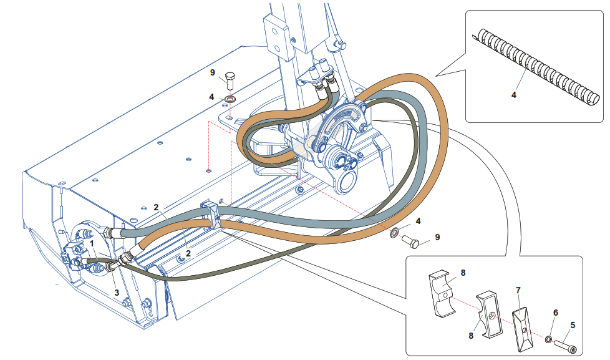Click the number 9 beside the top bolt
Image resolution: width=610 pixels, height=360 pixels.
tap(213, 73)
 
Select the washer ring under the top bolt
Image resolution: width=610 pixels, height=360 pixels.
tap(231, 99)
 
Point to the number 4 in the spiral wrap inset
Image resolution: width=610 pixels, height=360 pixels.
tap(513, 95)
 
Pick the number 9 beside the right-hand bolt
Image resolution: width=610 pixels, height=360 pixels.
tap(437, 237)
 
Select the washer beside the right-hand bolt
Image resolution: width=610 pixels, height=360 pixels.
tap(395, 232)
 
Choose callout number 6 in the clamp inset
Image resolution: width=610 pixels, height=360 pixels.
tap(556, 313)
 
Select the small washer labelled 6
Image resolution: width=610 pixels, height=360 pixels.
tap(548, 339)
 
